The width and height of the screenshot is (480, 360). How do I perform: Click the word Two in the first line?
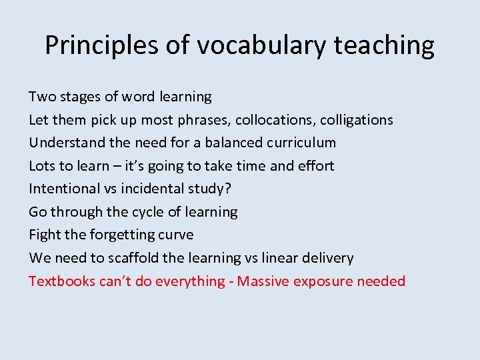pyautogui.click(x=43, y=97)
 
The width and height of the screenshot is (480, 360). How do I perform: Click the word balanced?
pyautogui.click(x=234, y=143)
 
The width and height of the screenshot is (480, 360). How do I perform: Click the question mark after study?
pyautogui.click(x=228, y=189)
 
